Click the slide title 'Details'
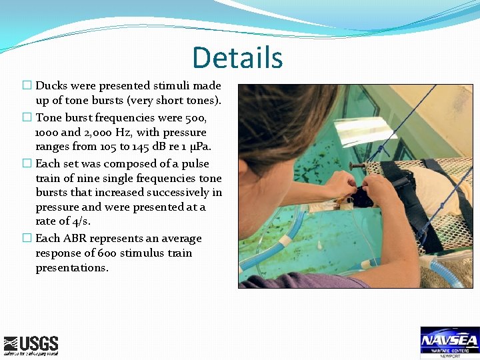tap(237, 57)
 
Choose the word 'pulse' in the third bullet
tap(195, 163)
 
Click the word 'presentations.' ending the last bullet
tap(72, 267)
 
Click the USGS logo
tap(31, 345)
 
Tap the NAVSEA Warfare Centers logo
tap(449, 343)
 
